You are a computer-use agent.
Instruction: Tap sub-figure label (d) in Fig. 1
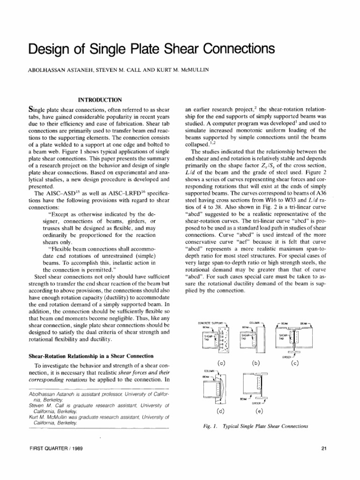[x=220, y=412]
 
